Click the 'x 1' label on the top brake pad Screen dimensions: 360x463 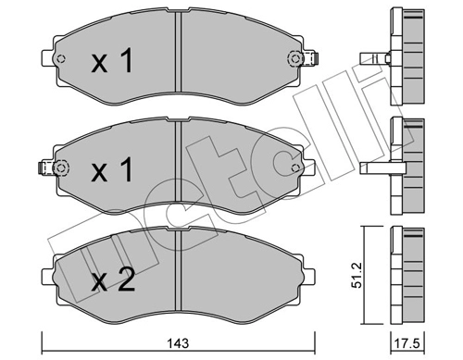[112, 62]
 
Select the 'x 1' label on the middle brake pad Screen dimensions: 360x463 [112, 172]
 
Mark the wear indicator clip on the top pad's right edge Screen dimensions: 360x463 [312, 62]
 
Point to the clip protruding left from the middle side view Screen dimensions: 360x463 [375, 168]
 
